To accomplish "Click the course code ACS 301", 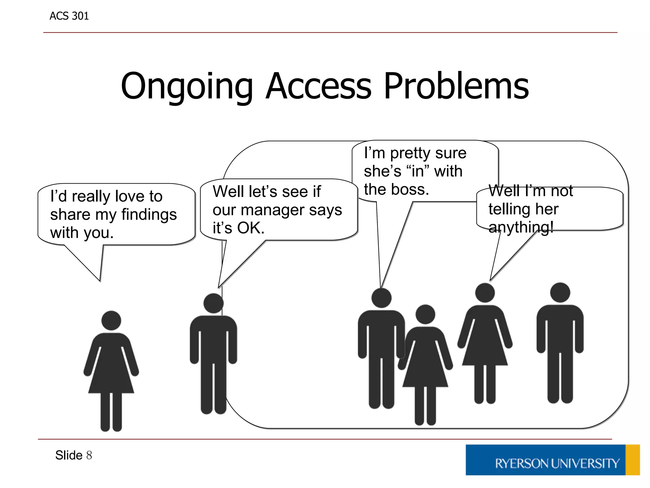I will click(69, 16).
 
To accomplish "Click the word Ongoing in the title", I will click(187, 86).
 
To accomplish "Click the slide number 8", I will click(89, 455).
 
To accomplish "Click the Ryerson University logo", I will click(552, 460).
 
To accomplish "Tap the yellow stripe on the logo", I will click(632, 460).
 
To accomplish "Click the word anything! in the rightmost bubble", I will click(521, 227).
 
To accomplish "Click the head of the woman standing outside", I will click(111, 320).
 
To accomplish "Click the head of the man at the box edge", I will click(213, 303).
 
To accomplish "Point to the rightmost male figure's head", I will click(560, 293).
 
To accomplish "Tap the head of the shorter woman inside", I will click(425, 314).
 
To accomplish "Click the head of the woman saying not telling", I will click(485, 293).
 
